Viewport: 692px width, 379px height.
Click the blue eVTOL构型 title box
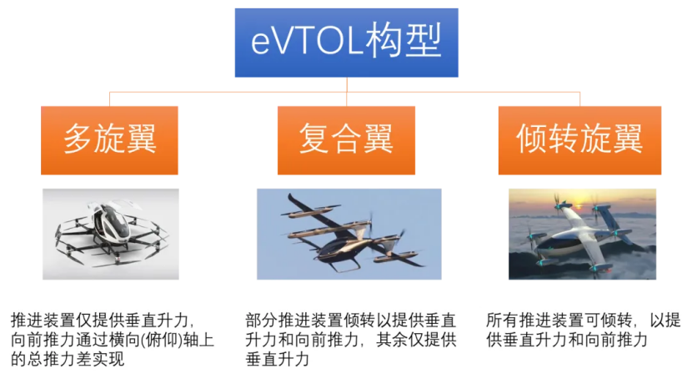click(346, 43)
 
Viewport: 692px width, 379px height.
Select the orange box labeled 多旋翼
click(110, 140)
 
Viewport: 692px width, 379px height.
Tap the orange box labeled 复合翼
click(346, 140)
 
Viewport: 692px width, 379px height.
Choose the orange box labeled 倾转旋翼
click(579, 140)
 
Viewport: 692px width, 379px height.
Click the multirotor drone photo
click(111, 234)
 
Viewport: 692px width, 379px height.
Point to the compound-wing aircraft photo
click(349, 234)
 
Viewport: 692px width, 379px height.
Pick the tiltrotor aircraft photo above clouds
click(583, 234)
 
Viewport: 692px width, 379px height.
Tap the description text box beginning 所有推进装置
click(583, 331)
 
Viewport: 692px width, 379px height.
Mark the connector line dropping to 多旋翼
click(110, 99)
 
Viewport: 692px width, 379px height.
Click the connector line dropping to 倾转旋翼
click(580, 99)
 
